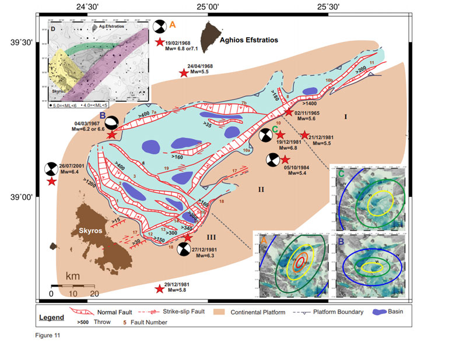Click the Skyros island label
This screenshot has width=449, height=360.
(x=91, y=231)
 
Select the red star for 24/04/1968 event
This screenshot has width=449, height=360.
(x=184, y=73)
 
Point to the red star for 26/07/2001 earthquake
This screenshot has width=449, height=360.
(x=52, y=182)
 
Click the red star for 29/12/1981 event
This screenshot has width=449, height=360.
(x=159, y=288)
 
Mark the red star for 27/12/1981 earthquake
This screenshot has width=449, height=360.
(x=187, y=237)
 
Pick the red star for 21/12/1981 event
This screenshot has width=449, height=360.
(x=304, y=135)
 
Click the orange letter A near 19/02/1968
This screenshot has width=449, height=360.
(x=172, y=24)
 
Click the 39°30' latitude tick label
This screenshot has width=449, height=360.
(x=20, y=43)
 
